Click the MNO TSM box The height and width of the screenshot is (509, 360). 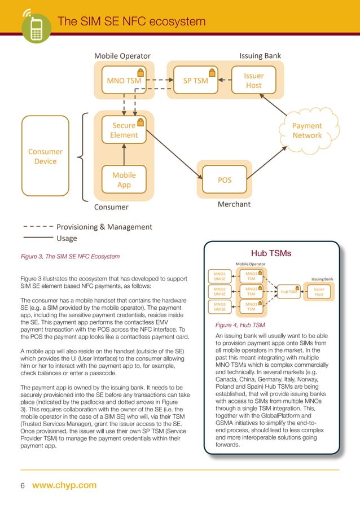(124, 81)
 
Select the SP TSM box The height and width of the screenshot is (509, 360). (195, 81)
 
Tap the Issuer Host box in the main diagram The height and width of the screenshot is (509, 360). (253, 80)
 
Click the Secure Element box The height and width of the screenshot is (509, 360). (124, 130)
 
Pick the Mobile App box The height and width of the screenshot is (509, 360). (124, 179)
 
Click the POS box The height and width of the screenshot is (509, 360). (224, 180)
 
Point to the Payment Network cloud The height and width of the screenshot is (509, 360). (307, 130)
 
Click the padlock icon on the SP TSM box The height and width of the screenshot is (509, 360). (212, 72)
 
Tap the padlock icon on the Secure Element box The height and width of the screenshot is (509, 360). (140, 121)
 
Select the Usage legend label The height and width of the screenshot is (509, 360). (67, 238)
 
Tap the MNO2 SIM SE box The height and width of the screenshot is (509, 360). (219, 292)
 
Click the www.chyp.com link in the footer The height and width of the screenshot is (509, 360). (64, 485)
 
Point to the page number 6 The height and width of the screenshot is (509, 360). (23, 485)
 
